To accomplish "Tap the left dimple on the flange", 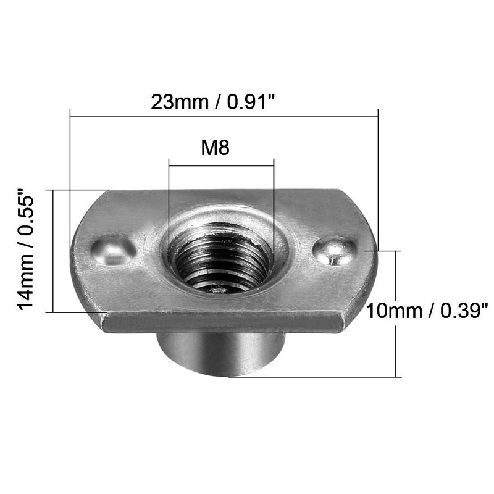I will point(114,250).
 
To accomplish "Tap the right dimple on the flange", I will point(334,250).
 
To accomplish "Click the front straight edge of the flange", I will point(222,322).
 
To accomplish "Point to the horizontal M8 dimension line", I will point(221,165).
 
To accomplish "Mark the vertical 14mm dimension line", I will point(54,250).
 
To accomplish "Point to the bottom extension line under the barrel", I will point(309,377).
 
